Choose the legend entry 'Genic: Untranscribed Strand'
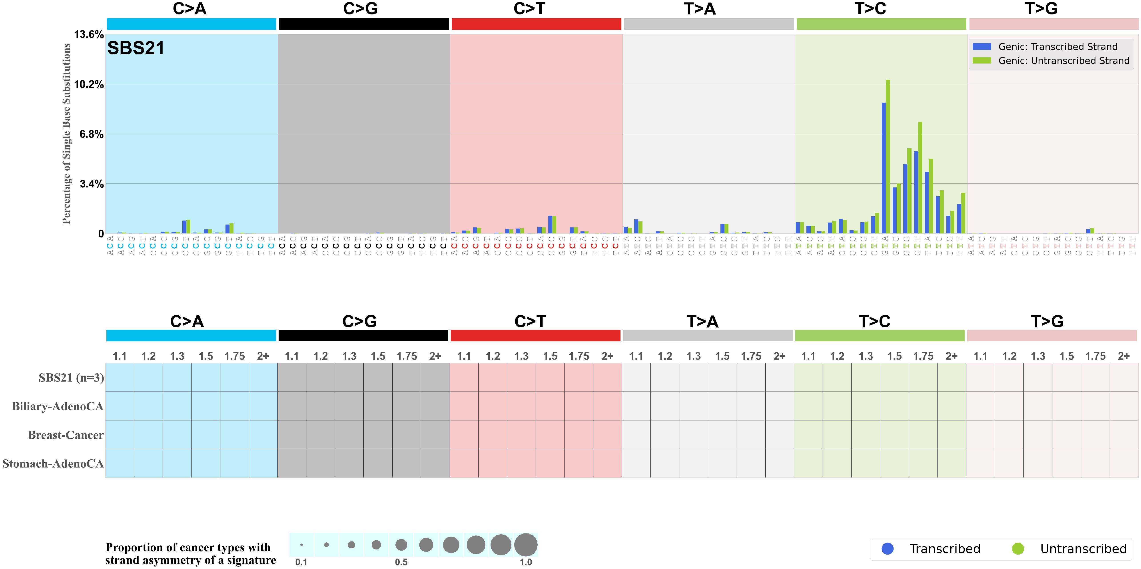1063,61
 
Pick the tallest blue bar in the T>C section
884,168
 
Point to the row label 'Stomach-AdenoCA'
53,464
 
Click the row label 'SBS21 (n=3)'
71,378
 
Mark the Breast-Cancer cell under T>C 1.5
894,435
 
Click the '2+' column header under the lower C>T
607,356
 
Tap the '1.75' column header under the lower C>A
234,356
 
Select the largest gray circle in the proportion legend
526,545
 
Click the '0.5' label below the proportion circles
401,562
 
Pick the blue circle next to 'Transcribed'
888,549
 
